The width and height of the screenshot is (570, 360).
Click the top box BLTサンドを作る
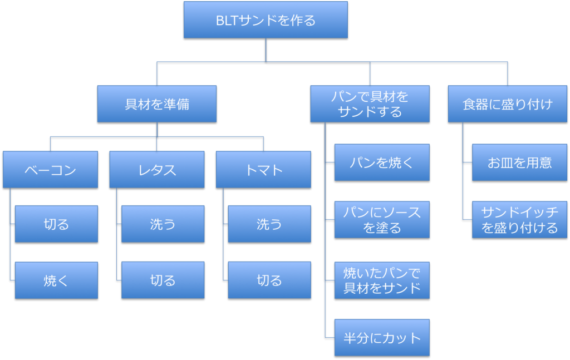coord(266,20)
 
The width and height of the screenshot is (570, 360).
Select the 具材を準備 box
coord(157,104)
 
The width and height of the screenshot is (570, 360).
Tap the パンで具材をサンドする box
coord(370,104)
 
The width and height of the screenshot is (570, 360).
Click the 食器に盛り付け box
coord(507,104)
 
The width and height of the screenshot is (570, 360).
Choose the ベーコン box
coord(50,170)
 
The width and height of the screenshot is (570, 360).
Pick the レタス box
coord(157,170)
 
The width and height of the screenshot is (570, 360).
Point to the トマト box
coord(263,170)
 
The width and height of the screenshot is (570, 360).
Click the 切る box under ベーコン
coord(56,224)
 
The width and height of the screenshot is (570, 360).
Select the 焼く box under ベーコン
coord(56,280)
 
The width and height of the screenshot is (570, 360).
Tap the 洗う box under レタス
coord(163,224)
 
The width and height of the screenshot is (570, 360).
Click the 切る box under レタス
coord(163,280)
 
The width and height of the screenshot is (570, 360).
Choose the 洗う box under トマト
coord(269,224)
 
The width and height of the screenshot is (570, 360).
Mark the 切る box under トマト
coord(269,280)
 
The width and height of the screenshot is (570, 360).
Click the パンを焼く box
coord(382,162)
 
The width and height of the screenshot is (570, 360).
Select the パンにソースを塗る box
coord(382,219)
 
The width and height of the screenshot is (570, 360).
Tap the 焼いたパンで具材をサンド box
coord(382,280)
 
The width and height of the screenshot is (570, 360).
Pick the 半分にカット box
coord(382,337)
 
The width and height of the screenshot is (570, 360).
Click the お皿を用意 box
coord(519,162)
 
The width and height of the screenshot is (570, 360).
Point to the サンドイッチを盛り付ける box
coord(519,219)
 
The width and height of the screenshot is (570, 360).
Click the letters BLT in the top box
coord(227,21)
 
